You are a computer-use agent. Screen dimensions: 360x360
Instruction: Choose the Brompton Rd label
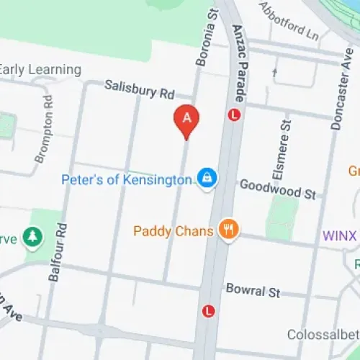44,127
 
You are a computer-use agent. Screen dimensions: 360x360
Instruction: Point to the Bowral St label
253,291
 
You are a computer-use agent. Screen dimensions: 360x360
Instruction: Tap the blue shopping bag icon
207,177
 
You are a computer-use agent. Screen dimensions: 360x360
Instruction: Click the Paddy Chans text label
174,231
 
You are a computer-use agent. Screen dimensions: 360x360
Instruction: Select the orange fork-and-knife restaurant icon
229,230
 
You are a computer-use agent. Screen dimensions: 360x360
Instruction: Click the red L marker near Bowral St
209,311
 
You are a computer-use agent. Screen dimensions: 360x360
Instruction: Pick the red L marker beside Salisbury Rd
234,114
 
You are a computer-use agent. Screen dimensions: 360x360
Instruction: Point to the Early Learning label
40,70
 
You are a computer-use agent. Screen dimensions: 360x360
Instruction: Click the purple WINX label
340,235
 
